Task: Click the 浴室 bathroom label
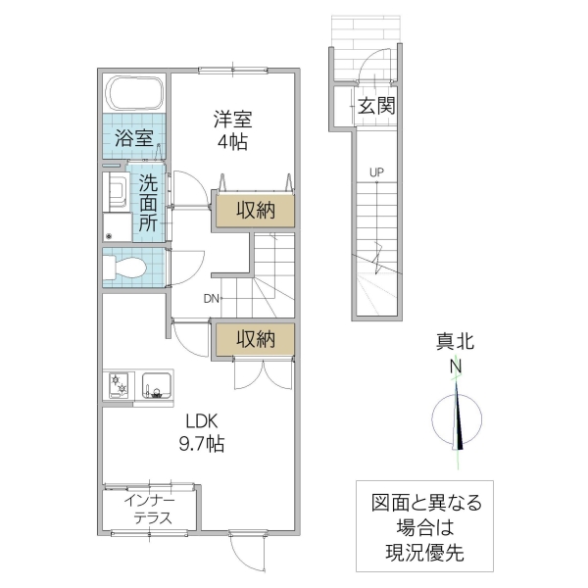point(134,138)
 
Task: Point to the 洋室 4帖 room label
point(233,130)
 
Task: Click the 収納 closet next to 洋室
point(253,209)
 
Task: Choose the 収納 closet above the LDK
point(253,339)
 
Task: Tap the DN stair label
point(212,299)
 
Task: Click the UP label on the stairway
point(376,173)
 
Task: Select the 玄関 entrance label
point(376,106)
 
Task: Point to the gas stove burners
point(121,383)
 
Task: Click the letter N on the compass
point(456,368)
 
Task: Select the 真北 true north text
point(456,342)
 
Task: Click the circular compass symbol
point(457,418)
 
